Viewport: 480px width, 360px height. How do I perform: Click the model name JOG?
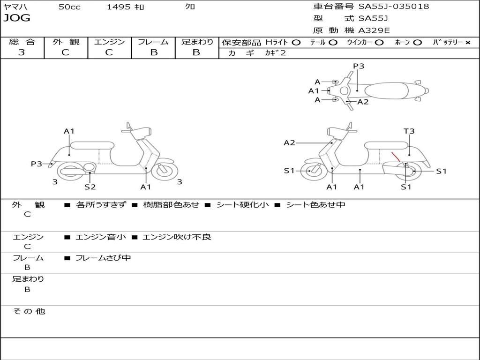tap(16, 18)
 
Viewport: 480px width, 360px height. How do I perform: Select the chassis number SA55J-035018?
tap(394, 7)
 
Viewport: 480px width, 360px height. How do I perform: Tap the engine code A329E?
tap(374, 30)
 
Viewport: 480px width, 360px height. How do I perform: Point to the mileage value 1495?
tap(119, 7)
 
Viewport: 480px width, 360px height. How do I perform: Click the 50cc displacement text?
tap(69, 7)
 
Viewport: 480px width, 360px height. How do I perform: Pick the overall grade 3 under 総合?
tap(22, 52)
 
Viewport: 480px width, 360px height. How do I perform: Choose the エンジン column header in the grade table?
tap(109, 42)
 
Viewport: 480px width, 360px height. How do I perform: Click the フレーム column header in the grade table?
tap(153, 42)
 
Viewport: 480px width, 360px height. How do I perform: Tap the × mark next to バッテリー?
tap(467, 42)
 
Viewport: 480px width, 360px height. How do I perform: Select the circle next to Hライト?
tap(296, 42)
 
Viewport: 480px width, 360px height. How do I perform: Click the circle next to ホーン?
tap(417, 42)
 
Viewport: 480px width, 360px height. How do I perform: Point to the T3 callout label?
tap(409, 131)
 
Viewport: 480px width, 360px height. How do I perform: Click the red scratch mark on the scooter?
tap(396, 157)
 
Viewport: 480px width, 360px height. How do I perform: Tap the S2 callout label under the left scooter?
tap(90, 187)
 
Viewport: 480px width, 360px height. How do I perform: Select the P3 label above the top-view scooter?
tap(359, 66)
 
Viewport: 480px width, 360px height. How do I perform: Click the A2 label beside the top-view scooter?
tap(363, 102)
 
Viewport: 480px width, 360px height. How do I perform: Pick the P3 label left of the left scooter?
tap(37, 164)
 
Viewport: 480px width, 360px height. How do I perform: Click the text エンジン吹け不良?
tap(177, 237)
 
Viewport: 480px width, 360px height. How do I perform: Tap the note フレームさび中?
tap(103, 258)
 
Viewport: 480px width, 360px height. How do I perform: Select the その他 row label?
tap(29, 311)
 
